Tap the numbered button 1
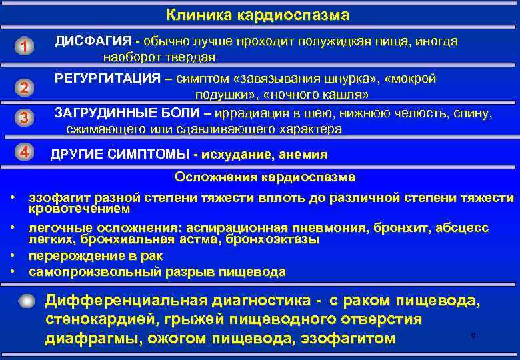tap(24, 46)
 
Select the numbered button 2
tap(24, 87)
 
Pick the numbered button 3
tap(24, 119)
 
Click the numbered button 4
tap(24, 152)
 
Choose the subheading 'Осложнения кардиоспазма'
tap(265, 177)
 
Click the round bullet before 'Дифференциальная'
tap(25, 301)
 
